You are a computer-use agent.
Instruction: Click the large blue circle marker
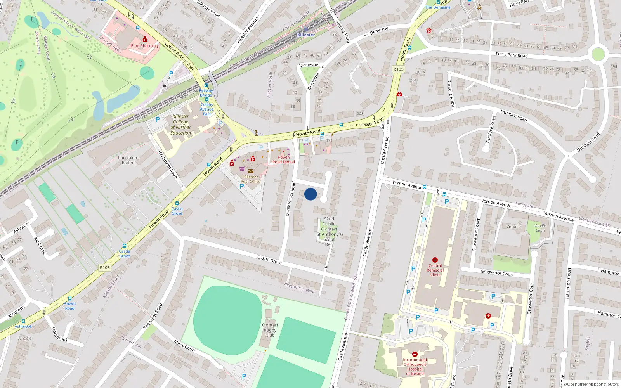pyautogui.click(x=310, y=194)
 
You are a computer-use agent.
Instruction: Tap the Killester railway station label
pyautogui.click(x=306, y=35)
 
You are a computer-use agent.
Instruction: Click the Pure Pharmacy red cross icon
pyautogui.click(x=145, y=39)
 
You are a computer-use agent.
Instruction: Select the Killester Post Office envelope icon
pyautogui.click(x=251, y=171)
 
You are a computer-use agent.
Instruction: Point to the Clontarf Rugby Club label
pyautogui.click(x=270, y=330)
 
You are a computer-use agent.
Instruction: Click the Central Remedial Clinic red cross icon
pyautogui.click(x=435, y=260)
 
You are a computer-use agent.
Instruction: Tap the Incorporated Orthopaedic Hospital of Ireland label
pyautogui.click(x=415, y=367)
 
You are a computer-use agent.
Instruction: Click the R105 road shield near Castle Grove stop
pyautogui.click(x=105, y=268)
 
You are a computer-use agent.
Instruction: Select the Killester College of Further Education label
pyautogui.click(x=181, y=125)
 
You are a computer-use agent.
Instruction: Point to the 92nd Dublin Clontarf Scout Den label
pyautogui.click(x=329, y=232)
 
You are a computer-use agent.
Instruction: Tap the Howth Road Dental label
pyautogui.click(x=283, y=159)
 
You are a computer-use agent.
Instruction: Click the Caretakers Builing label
pyautogui.click(x=128, y=160)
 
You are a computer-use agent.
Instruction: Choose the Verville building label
pyautogui.click(x=513, y=227)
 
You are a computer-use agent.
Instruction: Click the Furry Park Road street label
pyautogui.click(x=512, y=55)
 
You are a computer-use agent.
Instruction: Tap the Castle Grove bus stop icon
pyautogui.click(x=177, y=203)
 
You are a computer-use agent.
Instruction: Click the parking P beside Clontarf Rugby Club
pyautogui.click(x=244, y=376)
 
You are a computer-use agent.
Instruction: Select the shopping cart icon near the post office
pyautogui.click(x=242, y=169)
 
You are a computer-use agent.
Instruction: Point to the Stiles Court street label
pyautogui.click(x=185, y=346)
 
